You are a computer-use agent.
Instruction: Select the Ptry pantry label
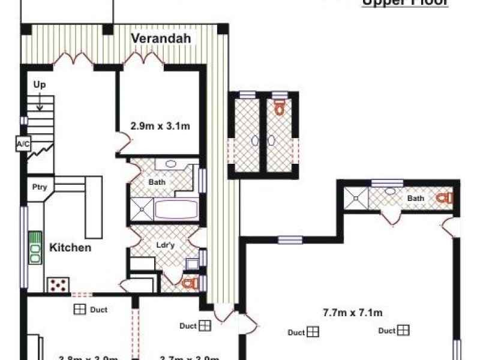[x=39, y=186]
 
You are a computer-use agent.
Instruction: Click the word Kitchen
[x=70, y=247]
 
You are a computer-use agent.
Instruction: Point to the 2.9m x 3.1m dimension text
[x=160, y=126]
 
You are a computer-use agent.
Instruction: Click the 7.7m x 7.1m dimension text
[x=353, y=313]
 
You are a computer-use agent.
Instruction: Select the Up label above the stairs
[x=40, y=85]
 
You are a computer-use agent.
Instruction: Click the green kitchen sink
[x=35, y=248]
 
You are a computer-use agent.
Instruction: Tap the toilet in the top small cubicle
[x=279, y=107]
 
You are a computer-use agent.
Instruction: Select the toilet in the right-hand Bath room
[x=445, y=197]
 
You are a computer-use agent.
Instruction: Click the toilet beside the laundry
[x=189, y=283]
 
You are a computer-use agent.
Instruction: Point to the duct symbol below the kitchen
[x=79, y=310]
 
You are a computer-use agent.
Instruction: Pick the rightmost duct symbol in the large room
[x=403, y=330]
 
